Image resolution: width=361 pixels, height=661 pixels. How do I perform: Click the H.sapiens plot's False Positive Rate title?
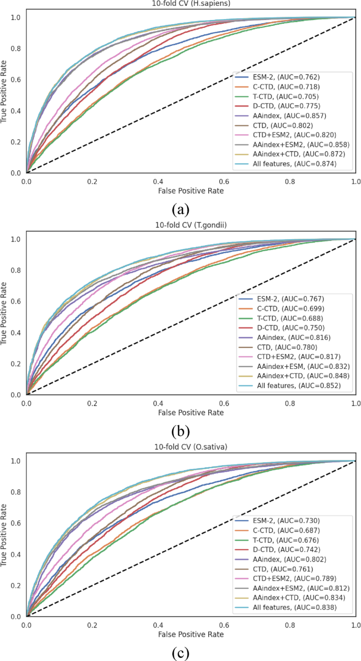[191, 191]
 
